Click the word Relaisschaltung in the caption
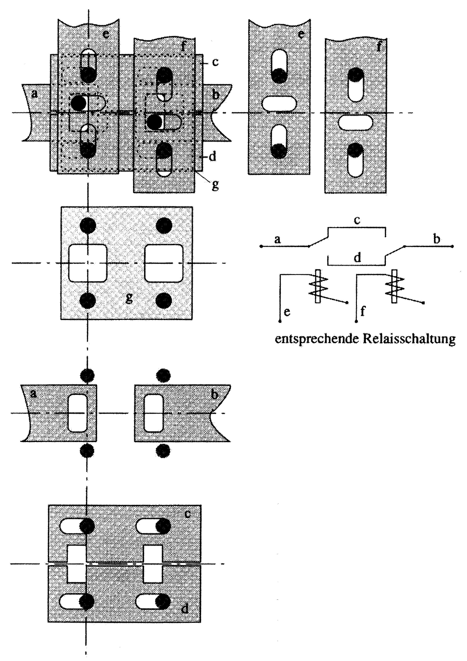(409, 339)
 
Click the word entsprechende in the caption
(317, 339)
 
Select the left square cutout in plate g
(88, 263)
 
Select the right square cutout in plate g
(164, 263)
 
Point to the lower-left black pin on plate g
(88, 301)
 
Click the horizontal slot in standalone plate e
(279, 103)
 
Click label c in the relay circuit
(357, 220)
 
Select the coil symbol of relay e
(318, 286)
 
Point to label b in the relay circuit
(437, 239)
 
